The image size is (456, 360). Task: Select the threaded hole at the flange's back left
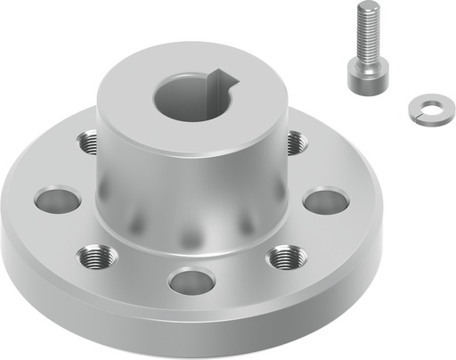click(89, 141)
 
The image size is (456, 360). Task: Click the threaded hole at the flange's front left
click(95, 258)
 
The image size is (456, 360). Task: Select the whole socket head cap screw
click(365, 49)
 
